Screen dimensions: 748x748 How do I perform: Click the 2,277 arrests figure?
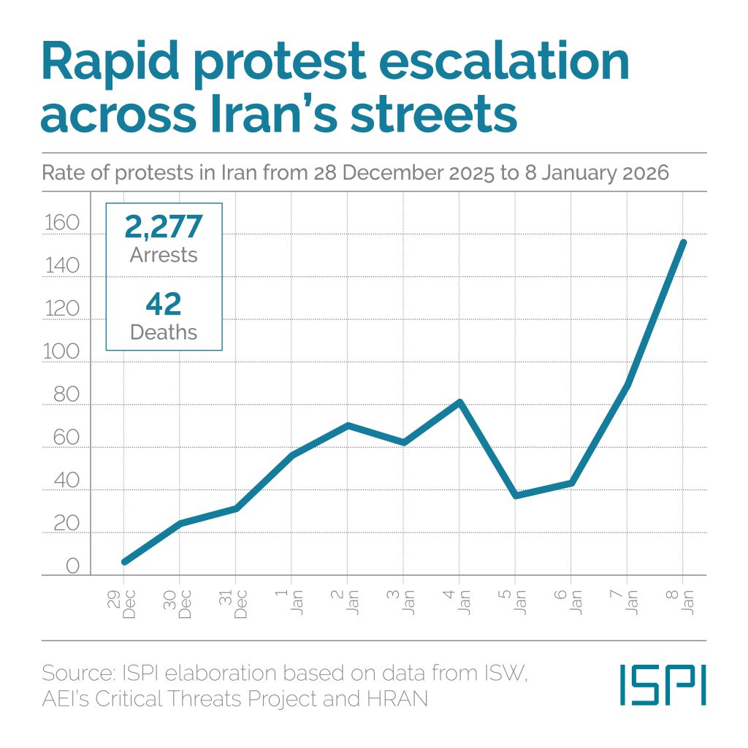163,226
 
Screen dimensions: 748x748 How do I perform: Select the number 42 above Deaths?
163,304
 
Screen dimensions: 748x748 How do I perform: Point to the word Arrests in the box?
163,255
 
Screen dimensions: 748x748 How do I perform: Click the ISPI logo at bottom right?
663,684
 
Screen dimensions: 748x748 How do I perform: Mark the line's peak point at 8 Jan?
683,242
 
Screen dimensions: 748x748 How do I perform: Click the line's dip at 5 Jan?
516,496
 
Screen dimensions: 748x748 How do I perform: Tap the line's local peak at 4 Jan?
459,402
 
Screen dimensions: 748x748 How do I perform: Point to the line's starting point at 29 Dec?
124,562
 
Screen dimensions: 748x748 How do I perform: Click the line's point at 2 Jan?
348,425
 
